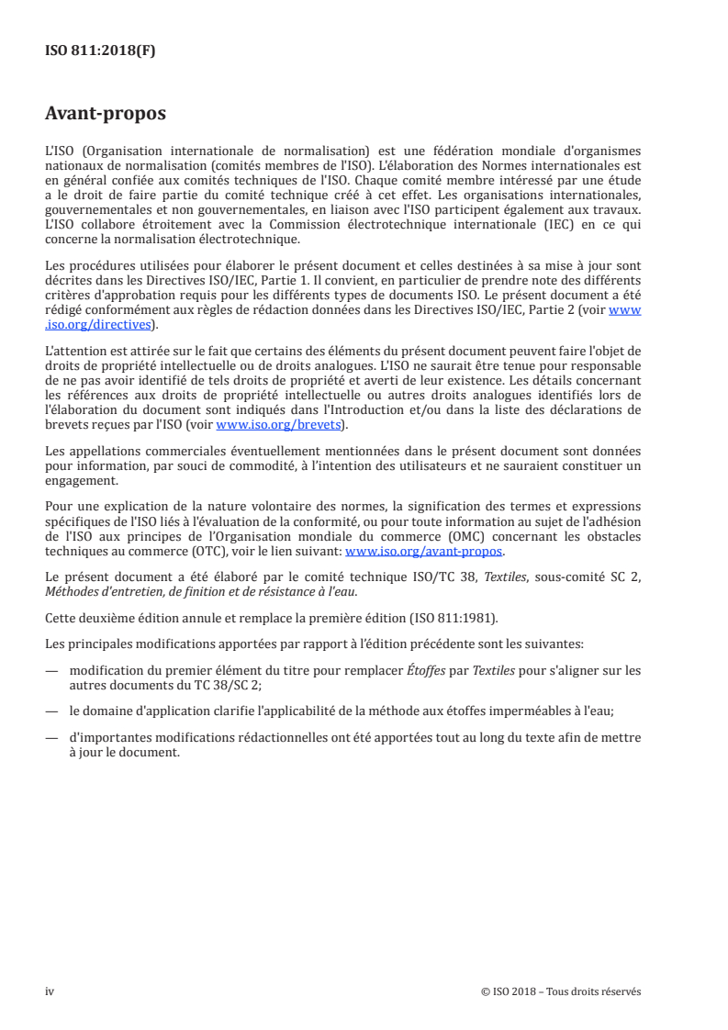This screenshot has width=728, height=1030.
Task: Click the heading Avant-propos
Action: tap(106, 115)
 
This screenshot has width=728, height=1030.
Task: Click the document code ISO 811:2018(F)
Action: tap(101, 51)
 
